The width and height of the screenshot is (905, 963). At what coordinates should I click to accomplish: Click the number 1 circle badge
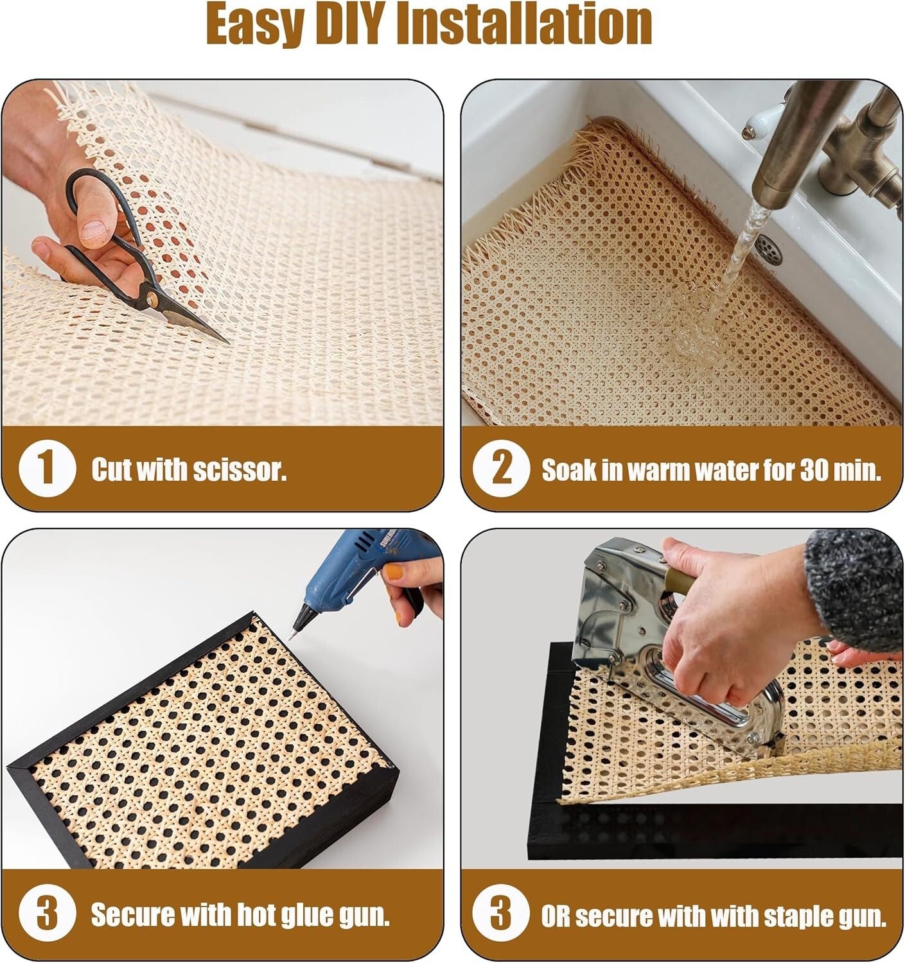46,468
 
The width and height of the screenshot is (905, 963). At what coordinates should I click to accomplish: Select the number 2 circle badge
501,468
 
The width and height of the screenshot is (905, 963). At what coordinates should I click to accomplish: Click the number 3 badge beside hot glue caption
46,914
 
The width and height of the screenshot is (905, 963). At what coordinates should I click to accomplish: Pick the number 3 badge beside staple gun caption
501,914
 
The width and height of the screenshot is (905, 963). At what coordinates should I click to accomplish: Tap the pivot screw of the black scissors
153,299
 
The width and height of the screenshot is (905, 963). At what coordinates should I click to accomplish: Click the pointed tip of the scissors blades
227,342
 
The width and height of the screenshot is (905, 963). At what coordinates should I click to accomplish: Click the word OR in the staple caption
556,915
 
